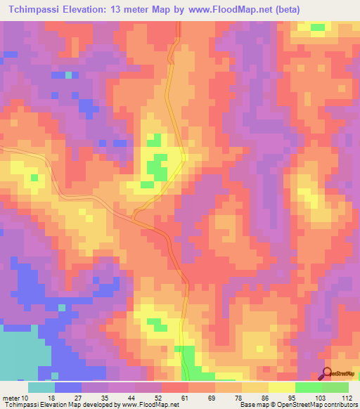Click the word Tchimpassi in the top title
(x=31, y=10)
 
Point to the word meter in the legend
(x=13, y=397)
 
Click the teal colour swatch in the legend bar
(x=41, y=387)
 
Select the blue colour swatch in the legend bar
(x=68, y=387)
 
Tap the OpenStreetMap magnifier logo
(x=328, y=373)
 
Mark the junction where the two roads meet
(x=136, y=215)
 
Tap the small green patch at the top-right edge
(x=318, y=27)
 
